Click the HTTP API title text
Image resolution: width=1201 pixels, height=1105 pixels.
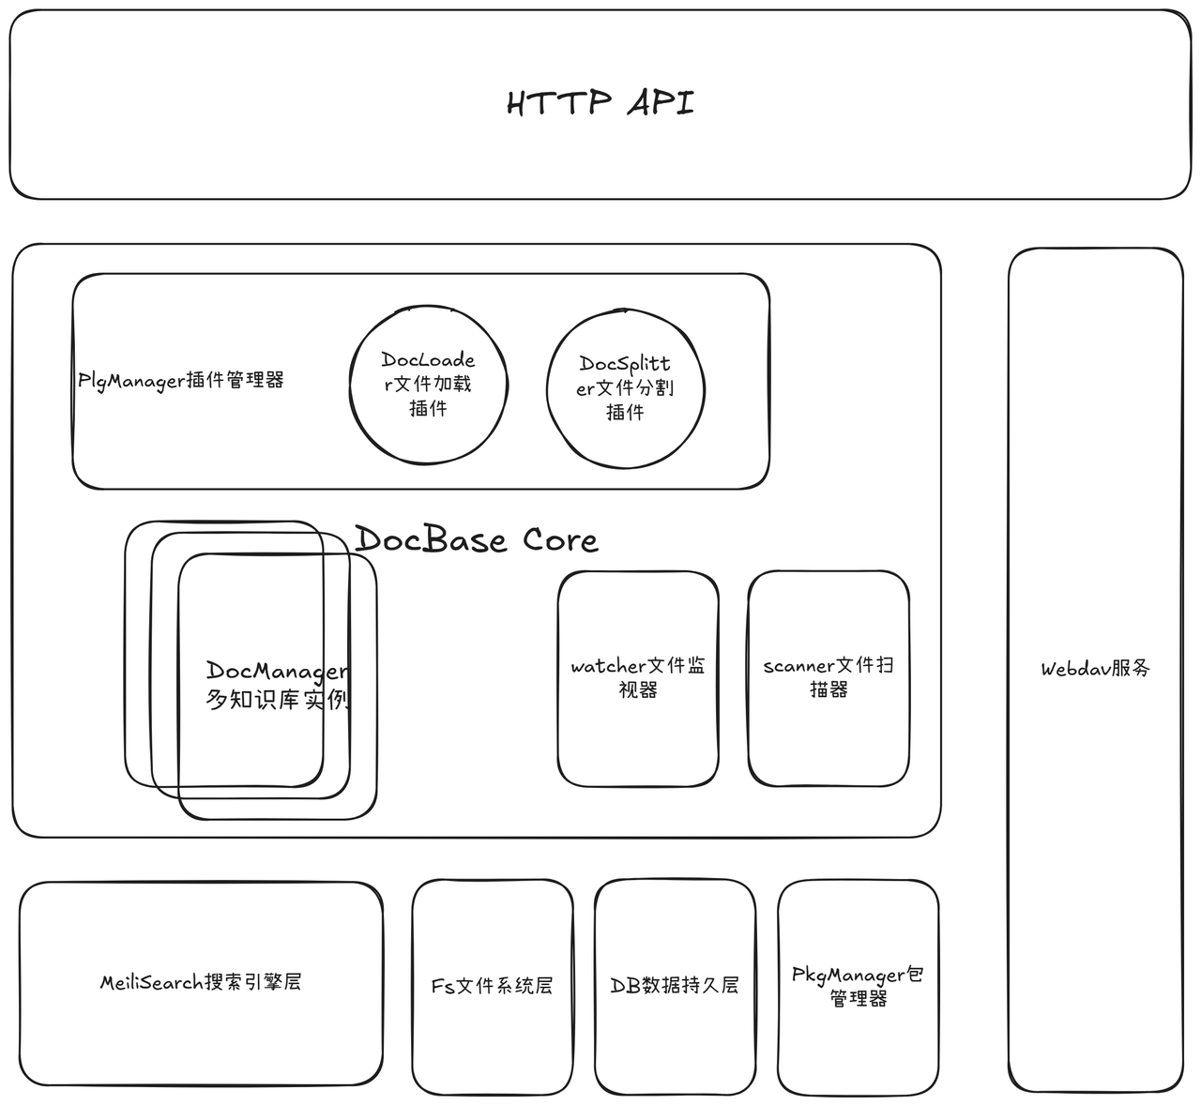600,103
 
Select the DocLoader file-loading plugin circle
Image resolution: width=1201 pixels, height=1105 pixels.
429,385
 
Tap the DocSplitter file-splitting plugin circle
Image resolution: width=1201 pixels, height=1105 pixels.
626,388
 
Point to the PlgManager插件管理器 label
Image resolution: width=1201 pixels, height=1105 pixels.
181,381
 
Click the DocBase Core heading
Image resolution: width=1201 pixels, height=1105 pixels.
477,539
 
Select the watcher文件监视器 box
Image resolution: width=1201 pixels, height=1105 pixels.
638,679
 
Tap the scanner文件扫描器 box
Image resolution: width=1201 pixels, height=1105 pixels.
829,679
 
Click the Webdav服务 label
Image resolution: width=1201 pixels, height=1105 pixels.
1096,669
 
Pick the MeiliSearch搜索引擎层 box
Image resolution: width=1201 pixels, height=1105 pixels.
201,983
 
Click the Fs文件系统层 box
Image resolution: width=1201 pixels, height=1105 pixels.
493,987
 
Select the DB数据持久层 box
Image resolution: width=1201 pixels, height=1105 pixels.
676,987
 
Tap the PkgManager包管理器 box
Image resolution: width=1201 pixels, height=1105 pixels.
858,987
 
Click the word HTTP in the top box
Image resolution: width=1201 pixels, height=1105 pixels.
559,103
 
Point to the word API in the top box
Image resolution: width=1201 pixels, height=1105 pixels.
661,103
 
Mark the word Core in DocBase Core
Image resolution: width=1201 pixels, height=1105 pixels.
561,540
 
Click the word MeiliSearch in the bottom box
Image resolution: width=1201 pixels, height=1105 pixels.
151,983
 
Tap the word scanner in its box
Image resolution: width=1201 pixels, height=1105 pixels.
798,667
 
